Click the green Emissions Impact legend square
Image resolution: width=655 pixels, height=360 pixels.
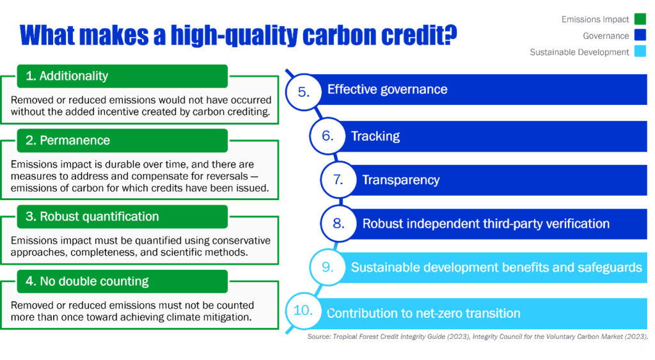tap(640, 20)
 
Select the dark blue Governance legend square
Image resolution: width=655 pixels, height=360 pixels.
tap(640, 36)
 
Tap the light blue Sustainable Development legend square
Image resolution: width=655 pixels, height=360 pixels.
tap(640, 52)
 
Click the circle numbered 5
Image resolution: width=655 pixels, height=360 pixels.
tap(304, 91)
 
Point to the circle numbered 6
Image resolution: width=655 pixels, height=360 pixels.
tap(327, 136)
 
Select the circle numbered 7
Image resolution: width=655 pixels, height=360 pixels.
tap(338, 180)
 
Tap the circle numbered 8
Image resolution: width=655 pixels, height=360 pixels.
tap(338, 224)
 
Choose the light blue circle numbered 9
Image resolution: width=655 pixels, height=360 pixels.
tap(327, 267)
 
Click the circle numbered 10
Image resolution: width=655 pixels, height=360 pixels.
tap(303, 311)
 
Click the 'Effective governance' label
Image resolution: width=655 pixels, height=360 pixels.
tap(387, 90)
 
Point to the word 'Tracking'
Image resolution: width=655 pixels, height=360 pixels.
tap(375, 136)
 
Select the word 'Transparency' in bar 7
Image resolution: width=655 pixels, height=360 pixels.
tap(401, 180)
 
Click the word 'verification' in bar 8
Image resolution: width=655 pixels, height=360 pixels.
tap(578, 224)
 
